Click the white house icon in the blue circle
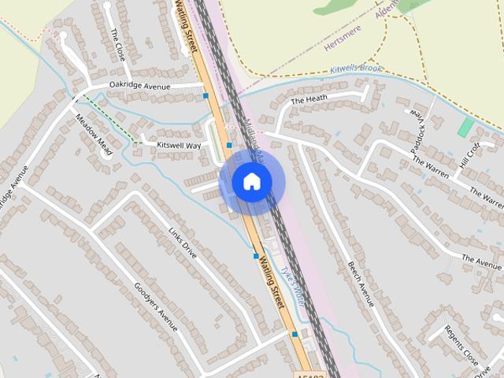click(x=251, y=181)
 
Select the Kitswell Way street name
click(x=179, y=145)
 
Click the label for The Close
click(x=118, y=45)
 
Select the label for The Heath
click(x=309, y=100)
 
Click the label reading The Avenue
click(x=481, y=261)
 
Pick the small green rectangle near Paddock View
click(x=466, y=126)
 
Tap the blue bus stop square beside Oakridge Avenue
click(x=206, y=95)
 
